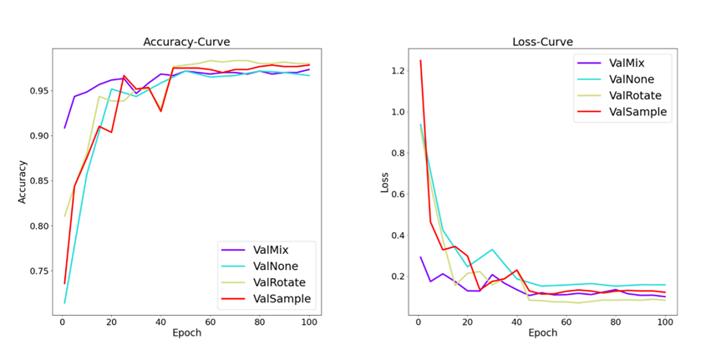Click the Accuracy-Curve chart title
186,42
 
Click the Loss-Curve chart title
542,42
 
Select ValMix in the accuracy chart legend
266,248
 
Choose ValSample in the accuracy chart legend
274,298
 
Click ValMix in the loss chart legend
627,63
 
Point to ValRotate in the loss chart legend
633,96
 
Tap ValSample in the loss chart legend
636,113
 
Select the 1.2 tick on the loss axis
396,71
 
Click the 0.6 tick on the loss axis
396,195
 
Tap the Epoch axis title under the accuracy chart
186,333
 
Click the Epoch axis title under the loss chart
542,333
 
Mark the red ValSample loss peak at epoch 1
420,60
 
